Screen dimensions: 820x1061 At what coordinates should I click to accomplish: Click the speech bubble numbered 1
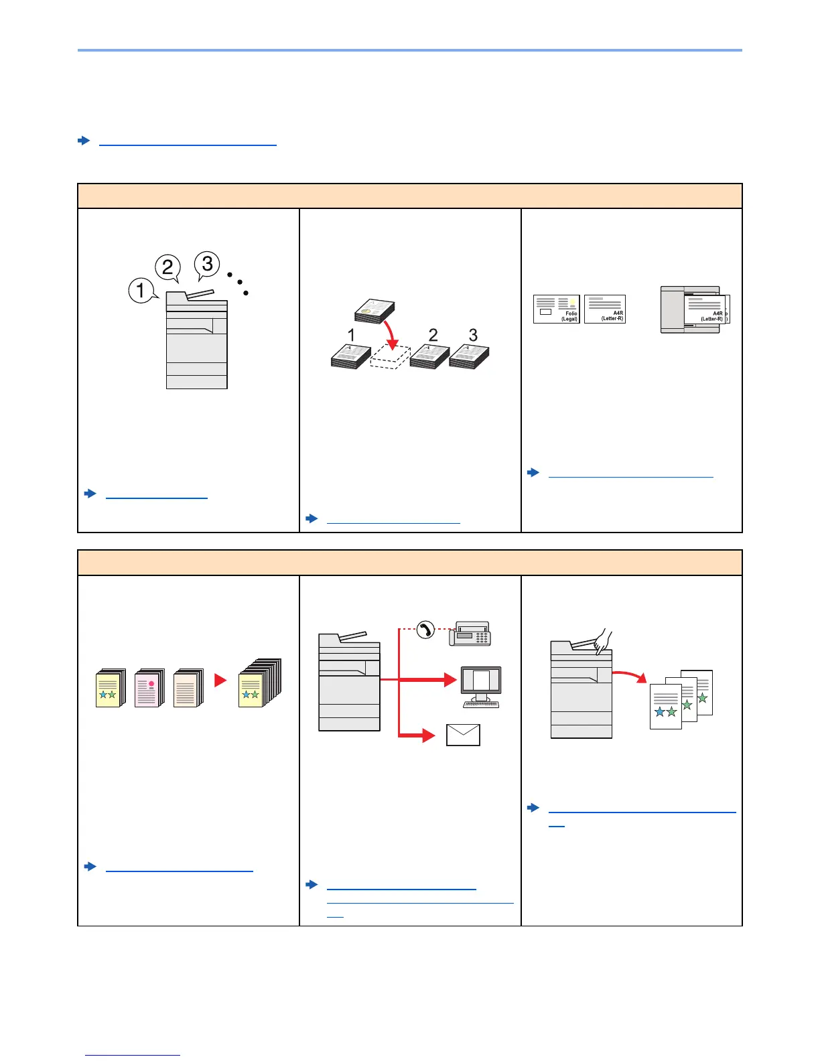coord(141,291)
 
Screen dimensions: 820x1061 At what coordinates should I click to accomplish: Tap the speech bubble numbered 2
coord(167,268)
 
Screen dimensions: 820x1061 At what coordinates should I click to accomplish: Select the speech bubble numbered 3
coord(207,263)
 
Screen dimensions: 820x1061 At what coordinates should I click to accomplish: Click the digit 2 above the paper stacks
coord(433,335)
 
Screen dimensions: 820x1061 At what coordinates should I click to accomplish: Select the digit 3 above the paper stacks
coord(473,335)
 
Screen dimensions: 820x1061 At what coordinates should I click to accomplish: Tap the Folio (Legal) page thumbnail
coord(556,309)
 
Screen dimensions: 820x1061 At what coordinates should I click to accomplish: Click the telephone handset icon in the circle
coord(425,630)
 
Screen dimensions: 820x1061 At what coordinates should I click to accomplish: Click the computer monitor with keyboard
coord(481,687)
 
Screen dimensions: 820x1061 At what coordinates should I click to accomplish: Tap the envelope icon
coord(463,735)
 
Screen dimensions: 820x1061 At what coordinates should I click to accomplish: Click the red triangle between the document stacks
coord(220,681)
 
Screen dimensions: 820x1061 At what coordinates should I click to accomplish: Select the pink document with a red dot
coord(149,689)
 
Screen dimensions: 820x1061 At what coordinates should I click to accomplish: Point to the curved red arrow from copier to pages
coord(630,675)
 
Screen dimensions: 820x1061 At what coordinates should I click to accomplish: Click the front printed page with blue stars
coord(665,706)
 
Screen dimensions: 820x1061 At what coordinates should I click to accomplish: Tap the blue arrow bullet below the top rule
coord(84,141)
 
